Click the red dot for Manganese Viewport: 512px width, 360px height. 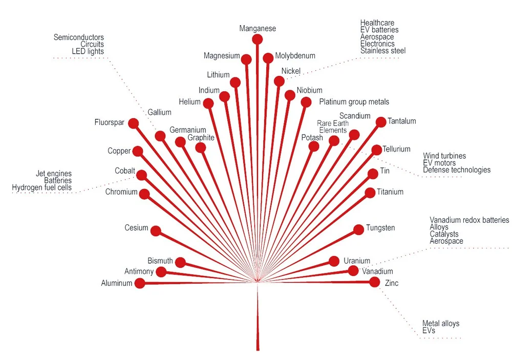(258, 39)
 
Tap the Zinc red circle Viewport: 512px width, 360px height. (375, 282)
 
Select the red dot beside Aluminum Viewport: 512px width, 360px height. (140, 283)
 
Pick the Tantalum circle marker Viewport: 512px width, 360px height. (381, 122)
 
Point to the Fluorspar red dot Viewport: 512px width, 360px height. (134, 123)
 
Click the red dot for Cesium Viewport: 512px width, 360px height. (156, 231)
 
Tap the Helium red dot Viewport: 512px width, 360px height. (208, 103)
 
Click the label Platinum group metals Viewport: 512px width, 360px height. (354, 102)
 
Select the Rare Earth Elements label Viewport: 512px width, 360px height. (333, 127)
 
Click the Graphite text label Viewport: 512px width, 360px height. (201, 138)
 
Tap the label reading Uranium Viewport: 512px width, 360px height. (357, 261)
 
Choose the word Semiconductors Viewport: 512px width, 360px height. (78, 37)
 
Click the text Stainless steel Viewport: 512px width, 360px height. (382, 51)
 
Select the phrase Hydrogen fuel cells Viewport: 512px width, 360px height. (41, 188)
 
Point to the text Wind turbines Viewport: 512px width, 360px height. (444, 156)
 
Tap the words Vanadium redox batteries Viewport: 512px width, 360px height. (469, 220)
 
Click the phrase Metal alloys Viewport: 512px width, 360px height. (440, 324)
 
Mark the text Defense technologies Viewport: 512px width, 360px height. (456, 170)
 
